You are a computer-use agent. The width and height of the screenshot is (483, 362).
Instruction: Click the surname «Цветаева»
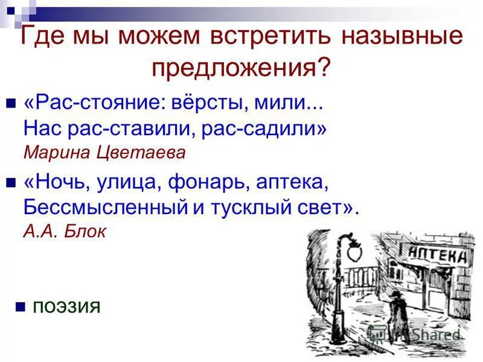coord(140,152)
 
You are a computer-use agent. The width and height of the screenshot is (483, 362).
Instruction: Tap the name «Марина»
coord(54,152)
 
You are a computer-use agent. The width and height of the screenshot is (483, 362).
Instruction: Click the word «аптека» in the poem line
coord(292,182)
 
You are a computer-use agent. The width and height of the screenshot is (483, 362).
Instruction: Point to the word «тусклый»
coord(248,207)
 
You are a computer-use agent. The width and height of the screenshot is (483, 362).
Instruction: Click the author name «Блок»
coord(85,231)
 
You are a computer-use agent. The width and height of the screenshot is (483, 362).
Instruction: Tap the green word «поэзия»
coord(66,307)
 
